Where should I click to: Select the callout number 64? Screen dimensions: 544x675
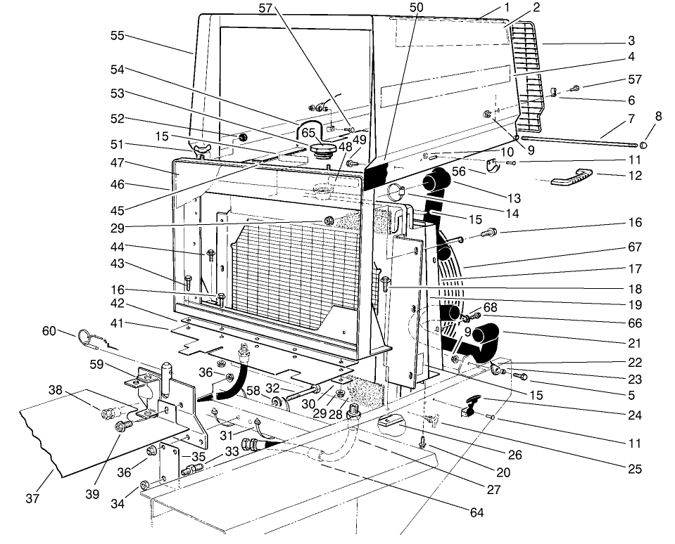pos(477,513)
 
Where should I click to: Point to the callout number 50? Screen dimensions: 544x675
pos(417,7)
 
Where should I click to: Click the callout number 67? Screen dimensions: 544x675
pos(635,247)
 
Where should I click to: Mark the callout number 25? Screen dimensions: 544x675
pos(635,469)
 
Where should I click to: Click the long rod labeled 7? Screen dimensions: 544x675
pos(577,143)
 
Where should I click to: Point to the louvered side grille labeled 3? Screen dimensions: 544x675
pos(533,77)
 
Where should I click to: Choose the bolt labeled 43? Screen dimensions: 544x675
pos(188,283)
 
